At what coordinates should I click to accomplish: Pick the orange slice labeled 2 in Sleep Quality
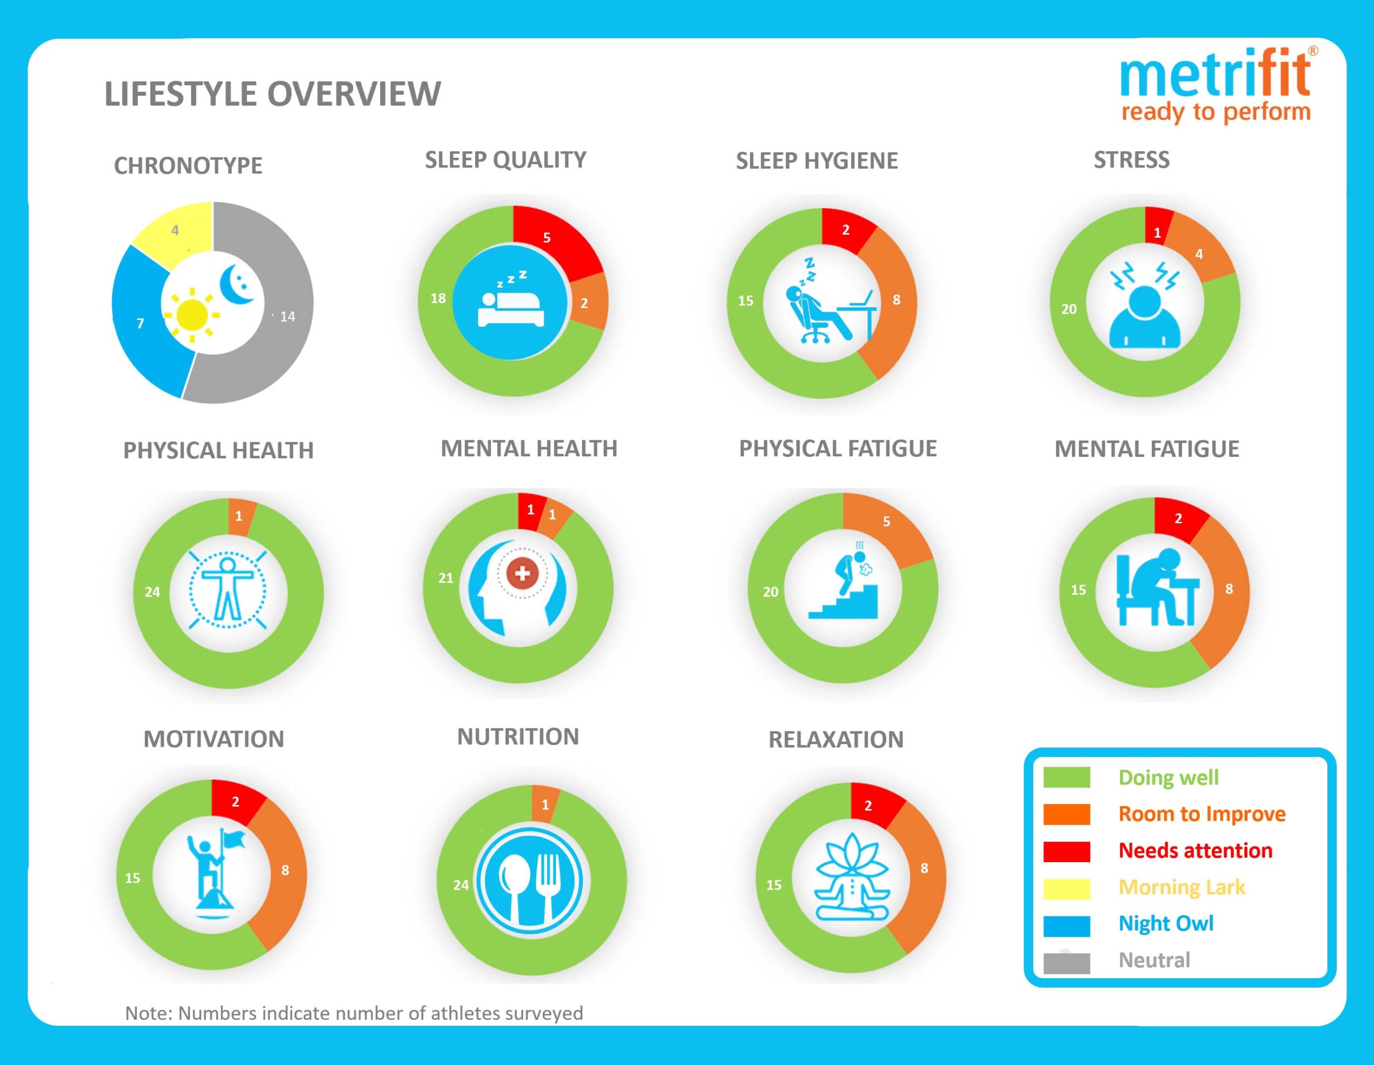pyautogui.click(x=588, y=303)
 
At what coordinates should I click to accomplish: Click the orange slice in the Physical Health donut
pyautogui.click(x=240, y=516)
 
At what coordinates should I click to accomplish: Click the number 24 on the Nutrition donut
pyautogui.click(x=461, y=885)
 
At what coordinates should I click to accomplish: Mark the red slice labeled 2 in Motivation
pyautogui.click(x=236, y=802)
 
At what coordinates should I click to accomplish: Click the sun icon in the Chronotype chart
pyautogui.click(x=193, y=315)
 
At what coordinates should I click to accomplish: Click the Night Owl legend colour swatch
pyautogui.click(x=1066, y=925)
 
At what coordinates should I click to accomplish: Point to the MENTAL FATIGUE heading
pyautogui.click(x=1146, y=449)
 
